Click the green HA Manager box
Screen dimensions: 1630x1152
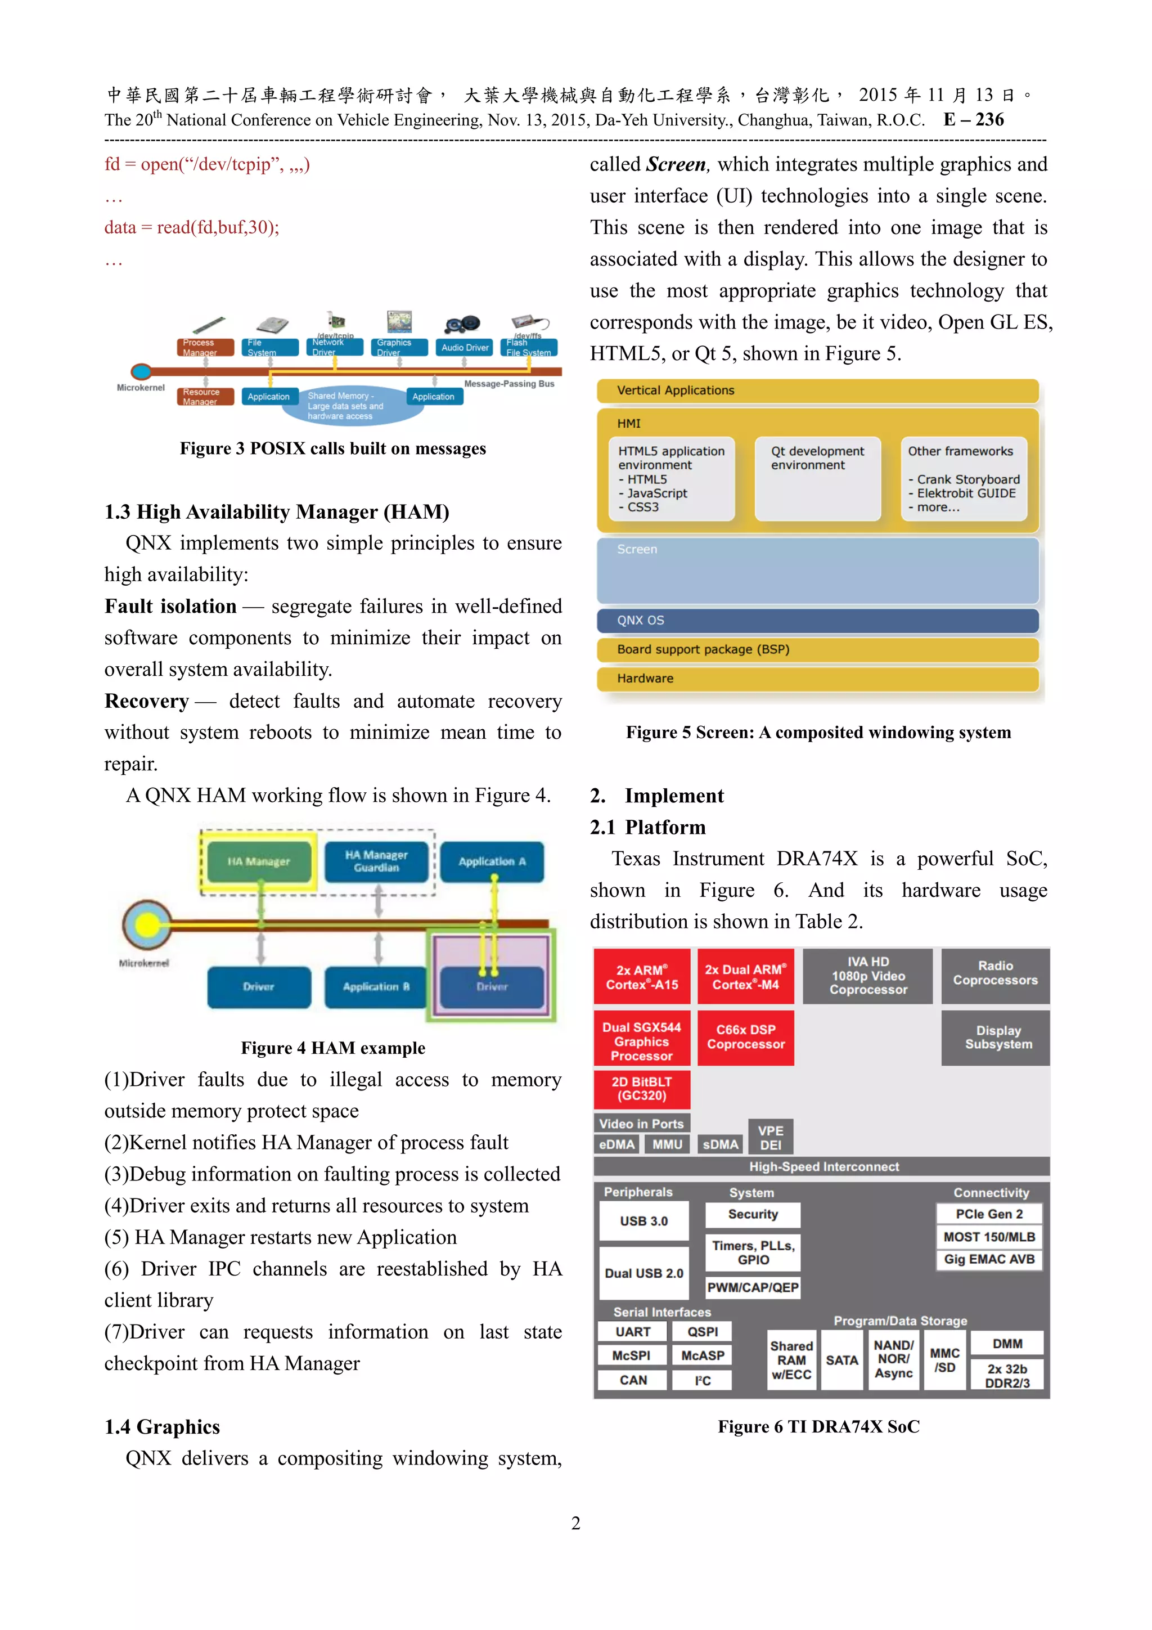259,861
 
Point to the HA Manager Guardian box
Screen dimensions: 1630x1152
376,861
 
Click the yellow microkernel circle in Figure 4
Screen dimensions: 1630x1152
147,924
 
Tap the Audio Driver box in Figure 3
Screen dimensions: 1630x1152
465,348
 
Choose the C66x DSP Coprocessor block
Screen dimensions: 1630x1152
745,1037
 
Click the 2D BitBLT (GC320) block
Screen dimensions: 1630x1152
642,1088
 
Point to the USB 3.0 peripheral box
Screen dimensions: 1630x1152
644,1221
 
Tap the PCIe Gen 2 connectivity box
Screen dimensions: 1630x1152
989,1214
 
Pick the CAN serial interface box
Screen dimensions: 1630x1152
633,1380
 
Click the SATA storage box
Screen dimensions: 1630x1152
842,1360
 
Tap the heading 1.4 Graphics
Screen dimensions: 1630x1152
163,1427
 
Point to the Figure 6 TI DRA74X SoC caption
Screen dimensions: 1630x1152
818,1427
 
